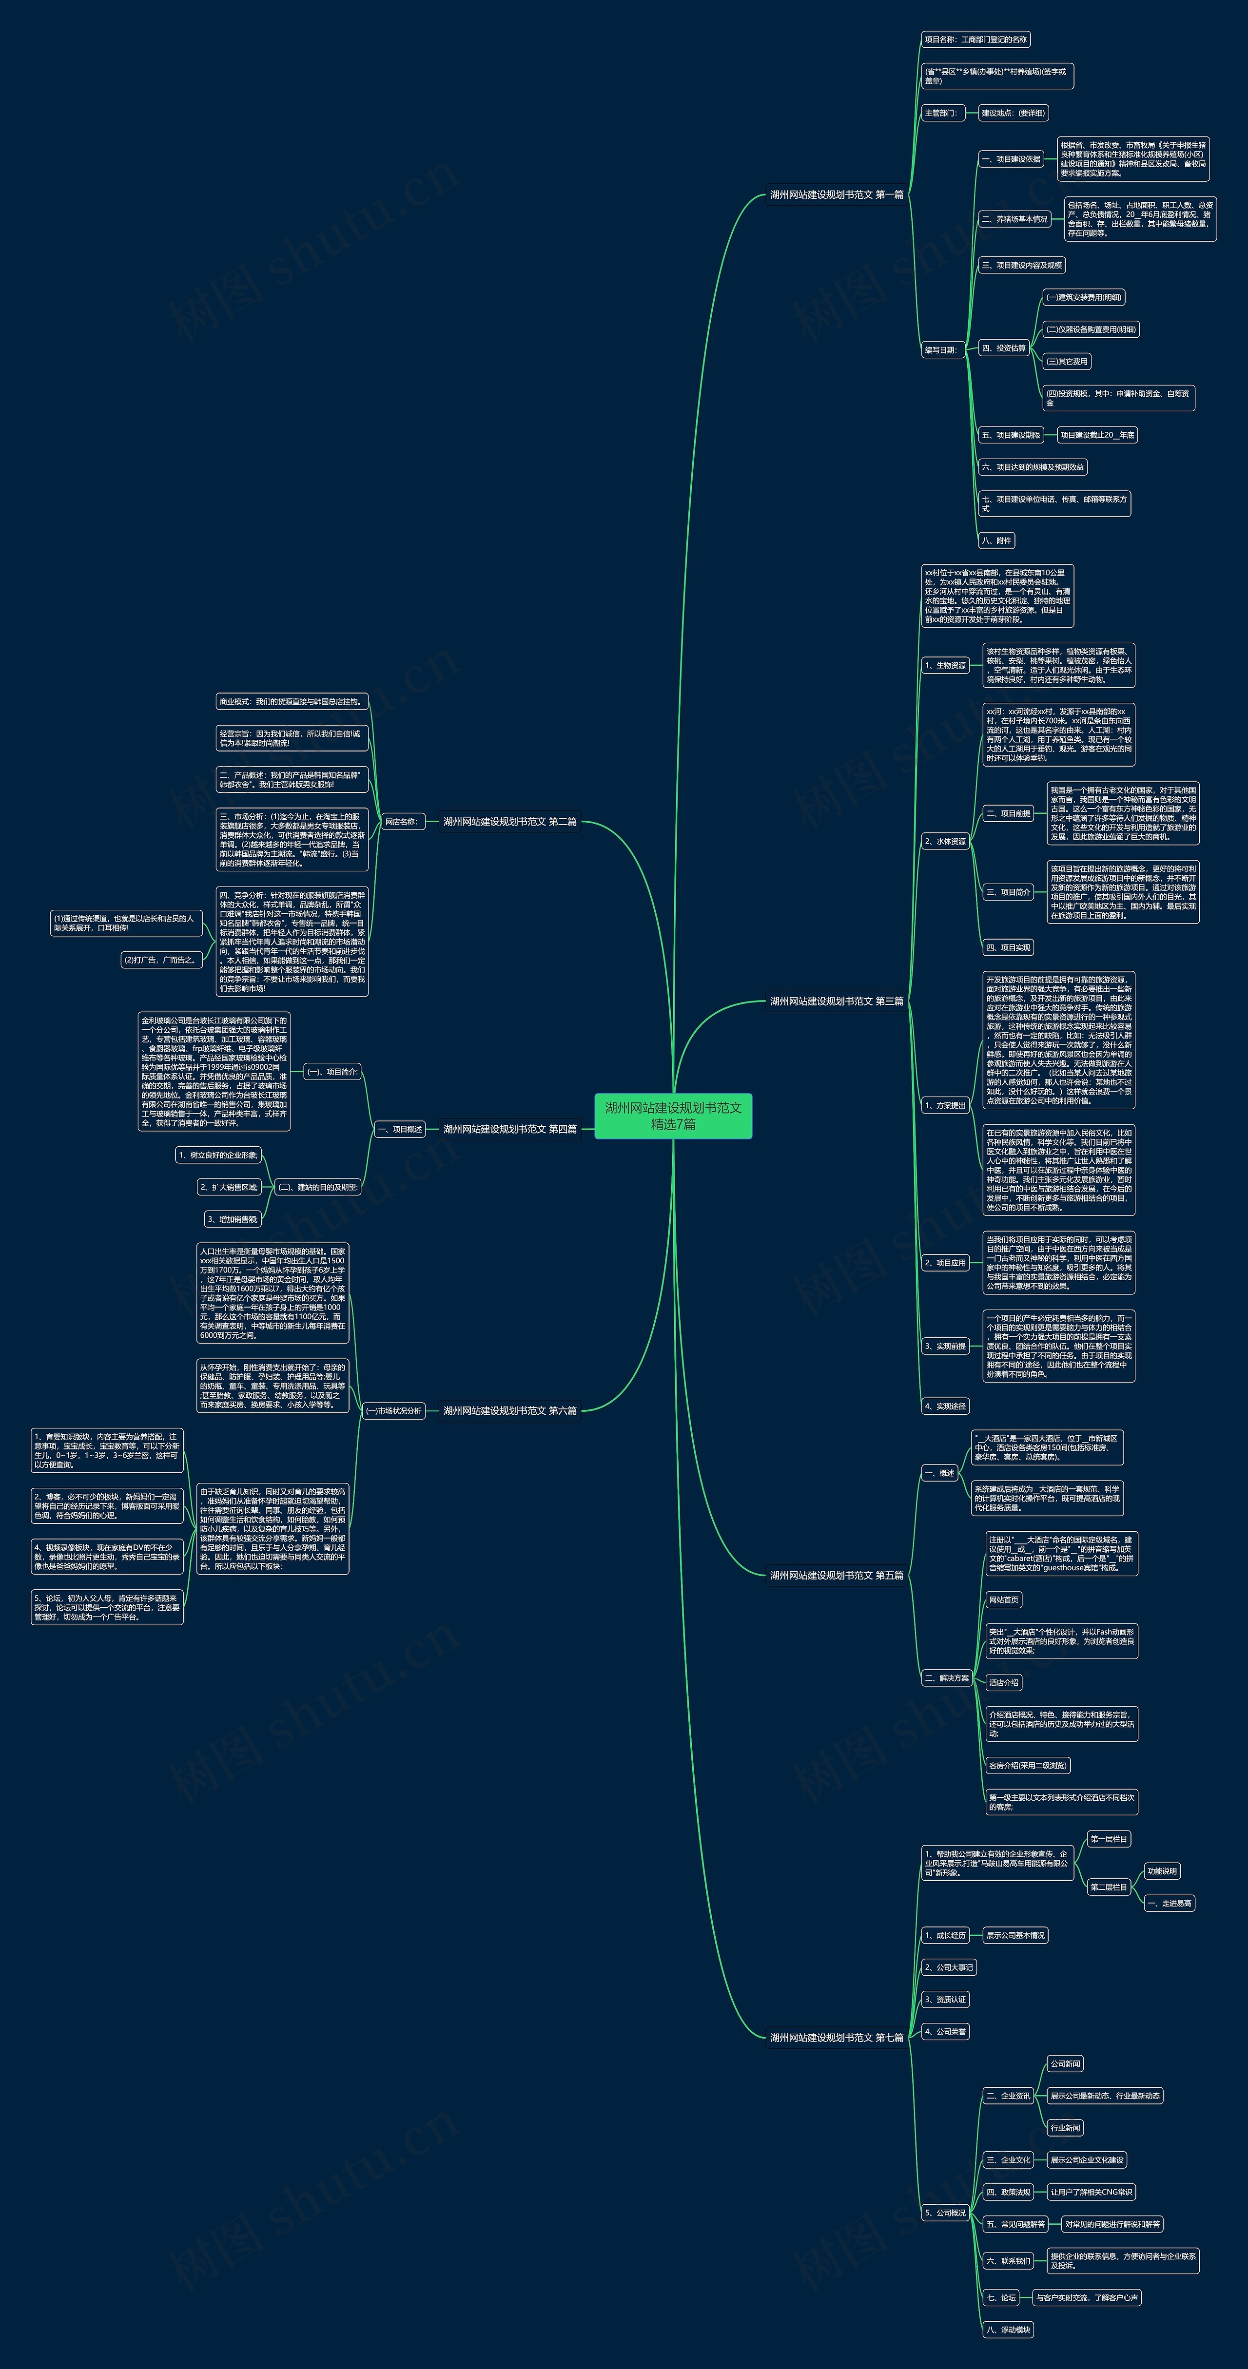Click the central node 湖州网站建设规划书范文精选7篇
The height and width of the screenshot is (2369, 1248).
(673, 1116)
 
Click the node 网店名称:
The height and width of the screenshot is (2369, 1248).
(402, 821)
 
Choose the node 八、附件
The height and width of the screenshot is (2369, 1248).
(997, 541)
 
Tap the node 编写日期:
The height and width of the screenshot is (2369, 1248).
(941, 349)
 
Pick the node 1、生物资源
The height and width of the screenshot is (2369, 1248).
(945, 665)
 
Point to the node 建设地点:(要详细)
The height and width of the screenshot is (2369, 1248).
(1013, 113)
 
